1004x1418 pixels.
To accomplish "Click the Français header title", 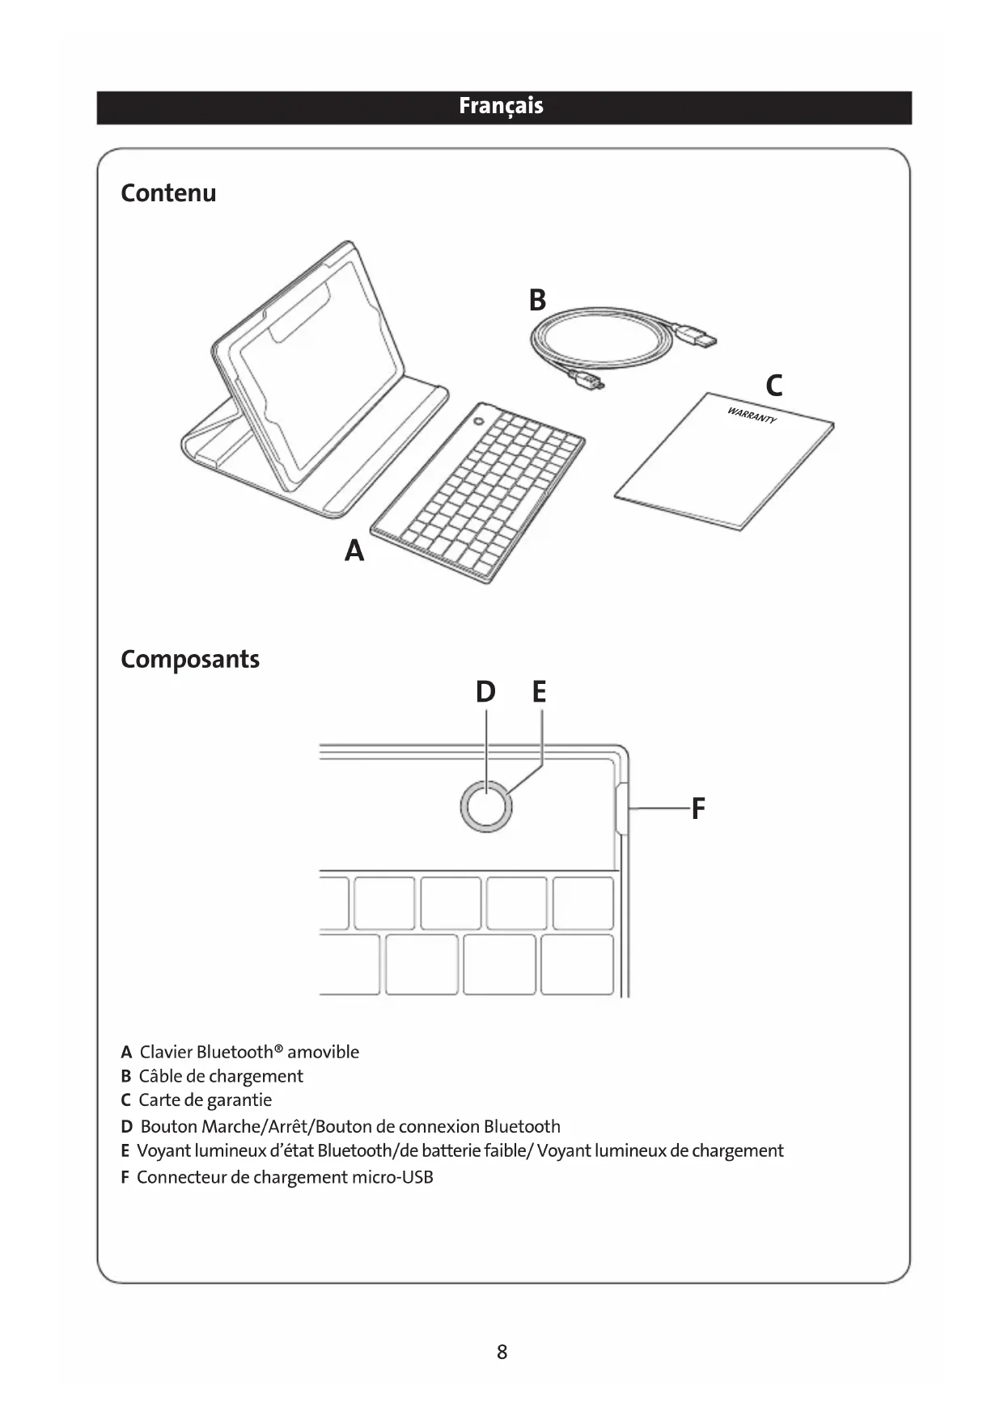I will coord(501,107).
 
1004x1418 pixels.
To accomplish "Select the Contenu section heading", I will coord(168,193).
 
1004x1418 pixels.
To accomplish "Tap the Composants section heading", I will coord(190,659).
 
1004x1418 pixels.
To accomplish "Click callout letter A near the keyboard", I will coord(354,551).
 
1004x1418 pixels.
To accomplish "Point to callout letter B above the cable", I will coord(537,300).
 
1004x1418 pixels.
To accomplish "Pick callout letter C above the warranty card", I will coord(773,386).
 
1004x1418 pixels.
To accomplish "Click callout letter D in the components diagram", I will coord(485,692).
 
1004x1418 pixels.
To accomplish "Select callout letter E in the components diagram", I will coord(540,692).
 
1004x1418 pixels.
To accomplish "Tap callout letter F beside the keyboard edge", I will coord(698,808).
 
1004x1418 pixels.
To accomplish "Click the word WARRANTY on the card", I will coord(752,416).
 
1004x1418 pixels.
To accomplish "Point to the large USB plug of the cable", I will coord(700,335).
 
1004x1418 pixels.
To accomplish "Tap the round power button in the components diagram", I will coord(486,806).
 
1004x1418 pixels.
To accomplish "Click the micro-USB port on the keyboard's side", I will coord(621,808).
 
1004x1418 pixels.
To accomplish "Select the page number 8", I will coord(502,1352).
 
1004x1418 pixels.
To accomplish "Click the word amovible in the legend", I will coord(323,1052).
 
